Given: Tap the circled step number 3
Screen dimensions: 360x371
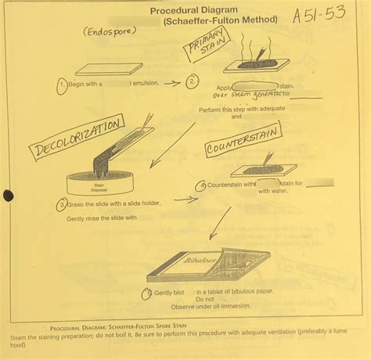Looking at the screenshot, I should coord(61,204).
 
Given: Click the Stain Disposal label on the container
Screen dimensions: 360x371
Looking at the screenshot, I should coord(99,185).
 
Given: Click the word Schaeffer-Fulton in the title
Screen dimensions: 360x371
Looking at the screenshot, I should coord(204,19).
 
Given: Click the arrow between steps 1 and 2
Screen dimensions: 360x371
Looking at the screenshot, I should coord(173,82).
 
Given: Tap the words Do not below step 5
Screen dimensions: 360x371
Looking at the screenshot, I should coord(204,299).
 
